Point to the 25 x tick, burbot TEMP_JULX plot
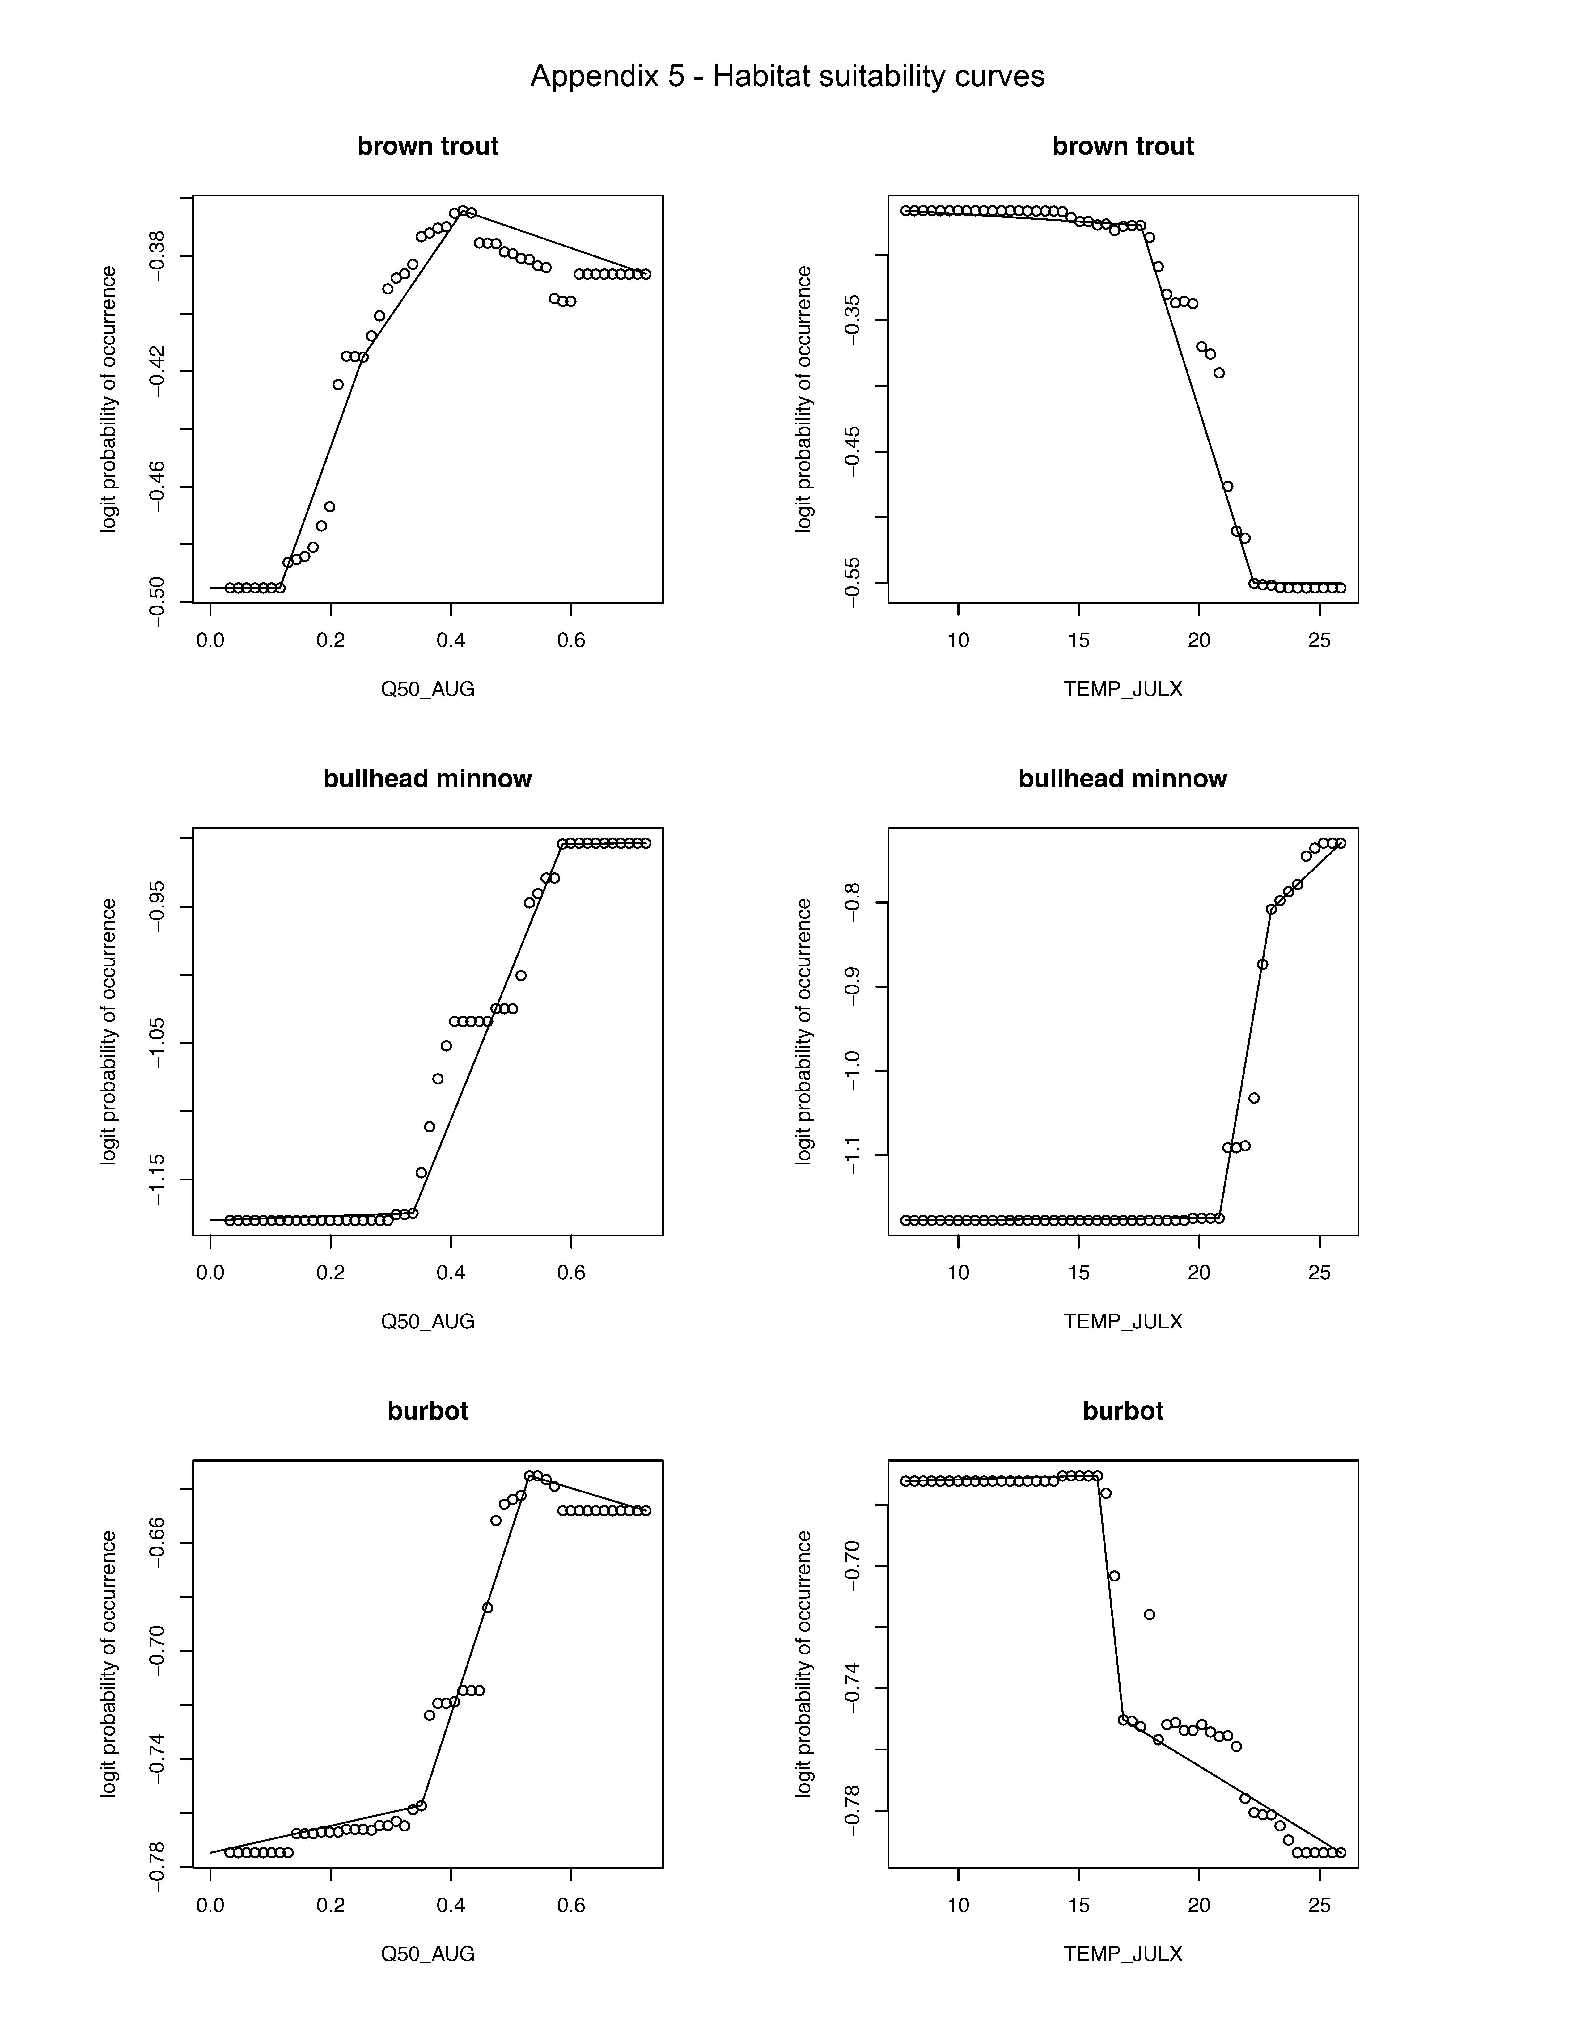point(1318,1905)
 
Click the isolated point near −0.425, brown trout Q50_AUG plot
point(338,385)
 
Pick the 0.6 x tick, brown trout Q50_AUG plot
point(571,640)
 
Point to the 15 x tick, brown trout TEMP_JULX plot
point(1078,640)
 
